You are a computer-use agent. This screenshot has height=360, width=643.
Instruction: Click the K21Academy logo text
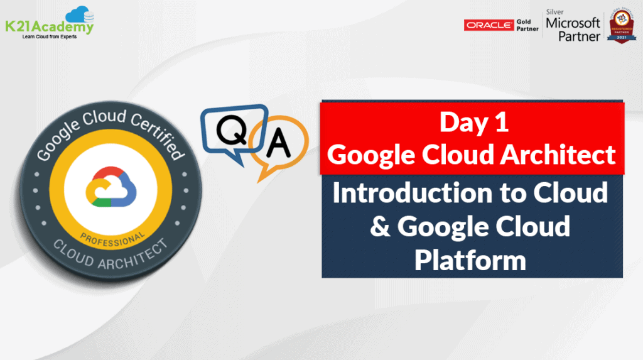[x=49, y=27]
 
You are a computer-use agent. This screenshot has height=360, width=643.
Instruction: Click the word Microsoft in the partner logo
[x=573, y=24]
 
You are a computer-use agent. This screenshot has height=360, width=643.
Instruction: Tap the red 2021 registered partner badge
[x=620, y=26]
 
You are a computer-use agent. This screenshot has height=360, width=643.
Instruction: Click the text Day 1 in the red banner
[x=473, y=123]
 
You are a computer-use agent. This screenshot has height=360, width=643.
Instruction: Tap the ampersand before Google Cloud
[x=380, y=227]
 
